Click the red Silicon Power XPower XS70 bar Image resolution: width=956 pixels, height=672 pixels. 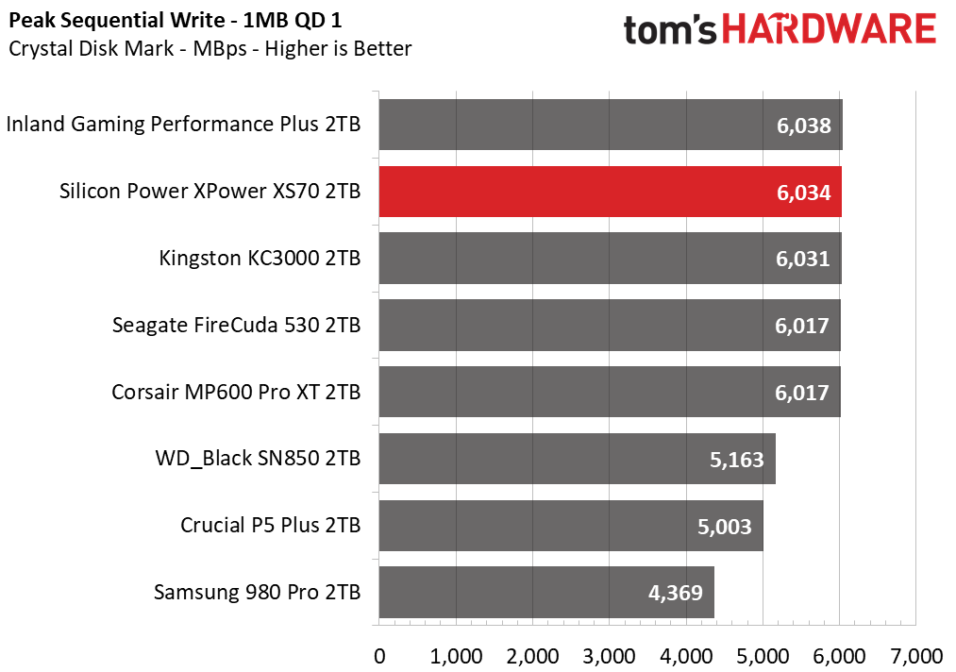coord(610,192)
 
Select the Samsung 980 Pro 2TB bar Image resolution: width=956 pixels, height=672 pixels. coord(546,592)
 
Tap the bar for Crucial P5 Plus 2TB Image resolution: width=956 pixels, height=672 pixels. coord(571,526)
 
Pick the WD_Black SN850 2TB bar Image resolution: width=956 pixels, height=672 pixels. coord(577,459)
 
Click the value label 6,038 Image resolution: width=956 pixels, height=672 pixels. coord(803,126)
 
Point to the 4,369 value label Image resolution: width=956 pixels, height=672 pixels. coord(675,593)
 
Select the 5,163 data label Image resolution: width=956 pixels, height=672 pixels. coord(736,460)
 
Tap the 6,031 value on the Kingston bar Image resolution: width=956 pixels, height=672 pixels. coord(802,260)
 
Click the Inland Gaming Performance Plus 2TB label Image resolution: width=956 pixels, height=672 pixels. coord(183,125)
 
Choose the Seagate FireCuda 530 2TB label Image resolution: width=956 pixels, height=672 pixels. coord(237,325)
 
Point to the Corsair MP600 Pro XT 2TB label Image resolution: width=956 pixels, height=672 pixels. coord(236,392)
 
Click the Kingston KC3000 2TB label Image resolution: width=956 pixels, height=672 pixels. coord(260,258)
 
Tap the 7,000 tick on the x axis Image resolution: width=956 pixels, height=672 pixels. coord(916,657)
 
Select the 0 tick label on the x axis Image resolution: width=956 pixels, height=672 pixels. coord(379,657)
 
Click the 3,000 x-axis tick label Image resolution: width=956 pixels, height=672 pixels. coord(609,657)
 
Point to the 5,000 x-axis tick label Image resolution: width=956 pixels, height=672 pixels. coord(763,657)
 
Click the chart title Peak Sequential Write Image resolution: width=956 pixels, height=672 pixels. coord(117,21)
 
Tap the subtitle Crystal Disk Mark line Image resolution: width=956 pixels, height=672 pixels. coord(210,49)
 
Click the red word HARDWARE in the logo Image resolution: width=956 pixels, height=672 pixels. coord(830,29)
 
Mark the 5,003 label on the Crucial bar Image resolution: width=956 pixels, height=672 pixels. coord(725,527)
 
